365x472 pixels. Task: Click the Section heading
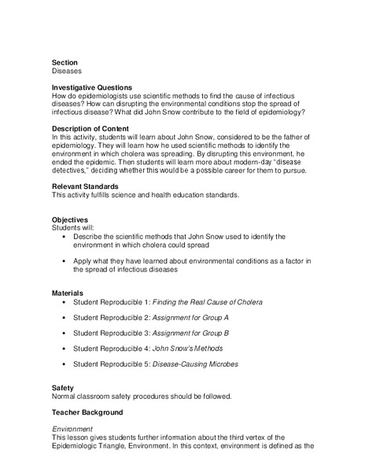tap(65, 62)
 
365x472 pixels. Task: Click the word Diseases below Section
tap(68, 71)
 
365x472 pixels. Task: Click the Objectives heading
tap(70, 219)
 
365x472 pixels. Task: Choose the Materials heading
tap(69, 293)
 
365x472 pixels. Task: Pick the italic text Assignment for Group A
tap(190, 318)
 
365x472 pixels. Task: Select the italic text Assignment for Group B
tap(190, 333)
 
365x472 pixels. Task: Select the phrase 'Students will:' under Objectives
tap(76, 227)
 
